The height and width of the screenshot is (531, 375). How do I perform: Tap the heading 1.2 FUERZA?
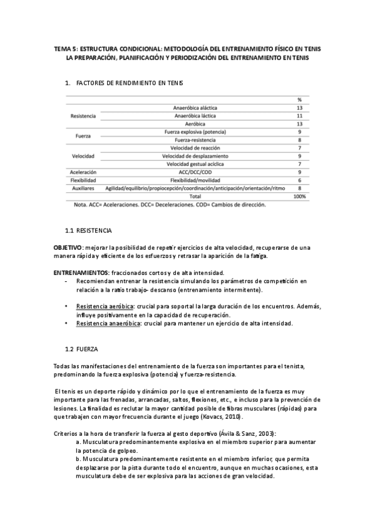(87, 348)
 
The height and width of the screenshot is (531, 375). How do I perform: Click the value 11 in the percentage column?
(300, 116)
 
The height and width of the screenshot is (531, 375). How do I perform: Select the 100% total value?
(299, 196)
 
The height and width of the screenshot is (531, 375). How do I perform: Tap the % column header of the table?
(300, 100)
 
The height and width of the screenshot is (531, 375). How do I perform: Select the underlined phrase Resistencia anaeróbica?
(103, 323)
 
